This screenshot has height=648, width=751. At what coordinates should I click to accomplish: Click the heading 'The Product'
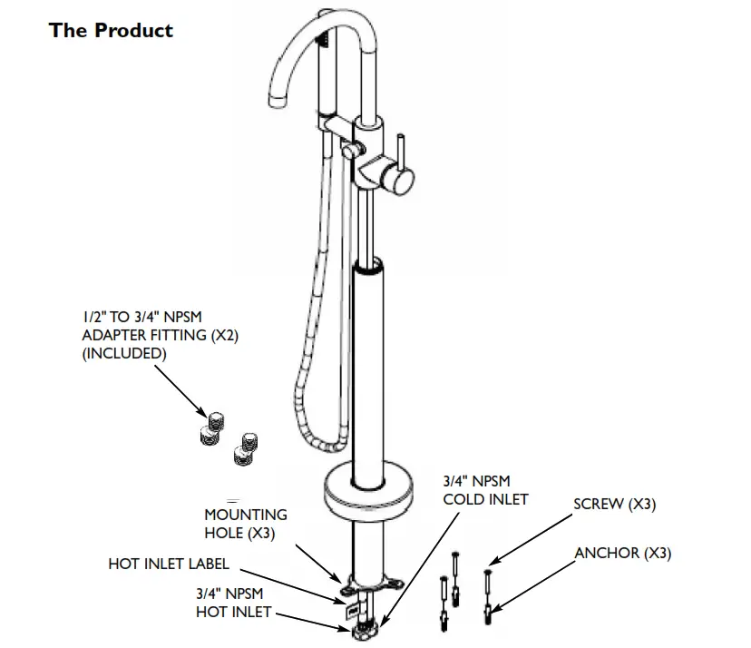pos(111,30)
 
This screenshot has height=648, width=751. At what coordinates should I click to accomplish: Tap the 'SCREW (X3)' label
pos(614,505)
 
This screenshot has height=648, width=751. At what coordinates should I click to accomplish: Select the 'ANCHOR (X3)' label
pos(623,553)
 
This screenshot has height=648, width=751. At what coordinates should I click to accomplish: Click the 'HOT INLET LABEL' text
pos(168,564)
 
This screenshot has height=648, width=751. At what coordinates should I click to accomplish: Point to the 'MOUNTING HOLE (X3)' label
pos(239,524)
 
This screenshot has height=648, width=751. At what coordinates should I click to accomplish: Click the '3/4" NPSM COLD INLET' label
pos(485,489)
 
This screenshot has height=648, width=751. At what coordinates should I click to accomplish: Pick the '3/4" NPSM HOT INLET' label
pos(233,603)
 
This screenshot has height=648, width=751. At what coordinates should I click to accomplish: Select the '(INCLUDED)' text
pos(124,353)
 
